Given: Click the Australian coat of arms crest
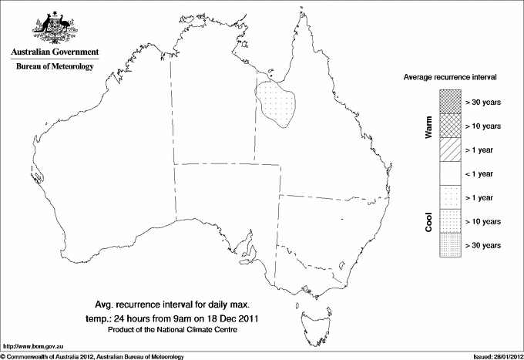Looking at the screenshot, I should tap(55, 28).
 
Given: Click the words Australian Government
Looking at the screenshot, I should tap(55, 52).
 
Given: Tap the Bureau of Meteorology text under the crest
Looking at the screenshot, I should tap(55, 66).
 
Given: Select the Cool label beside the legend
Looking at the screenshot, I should tap(429, 222).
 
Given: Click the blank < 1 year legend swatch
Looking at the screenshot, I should tap(450, 173).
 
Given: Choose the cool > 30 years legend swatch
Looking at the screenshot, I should tap(450, 245).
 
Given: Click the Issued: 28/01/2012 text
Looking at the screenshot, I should tap(495, 355).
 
